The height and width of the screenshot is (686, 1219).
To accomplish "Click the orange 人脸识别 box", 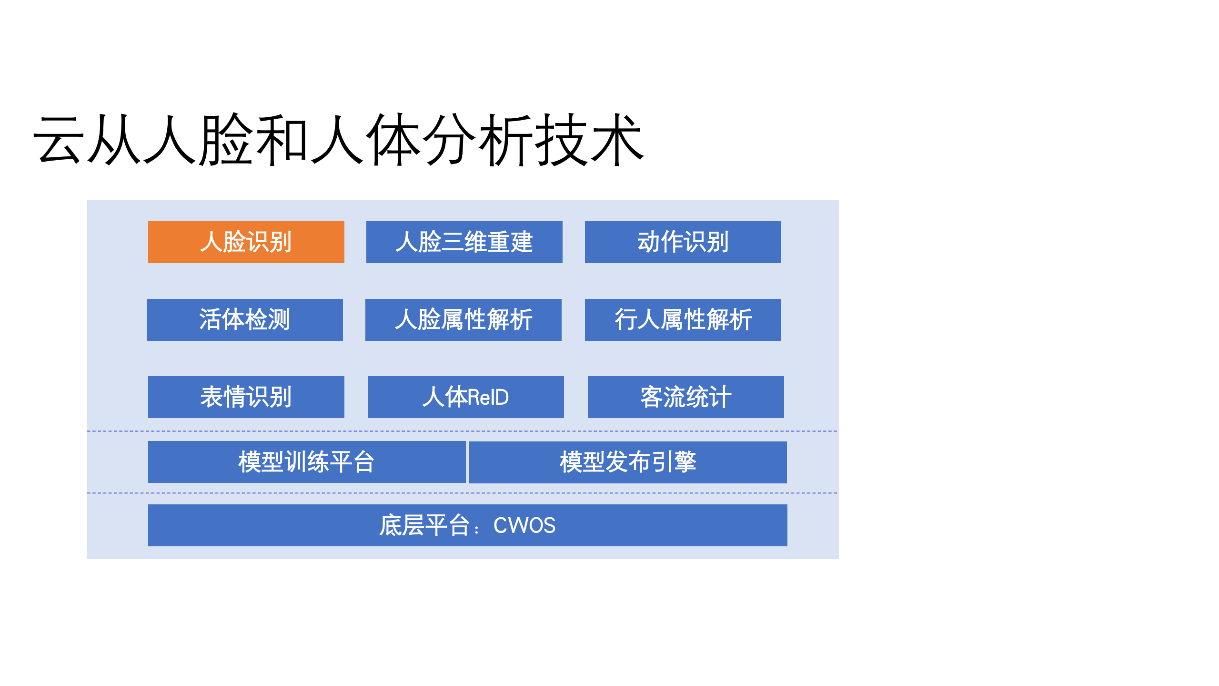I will pyautogui.click(x=246, y=242).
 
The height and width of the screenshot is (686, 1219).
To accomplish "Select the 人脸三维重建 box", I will pyautogui.click(x=464, y=242).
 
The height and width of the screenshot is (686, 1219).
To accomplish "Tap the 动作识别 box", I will pyautogui.click(x=683, y=242).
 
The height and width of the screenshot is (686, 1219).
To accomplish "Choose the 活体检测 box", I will pyautogui.click(x=244, y=319).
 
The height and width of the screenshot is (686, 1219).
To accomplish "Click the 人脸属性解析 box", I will pyautogui.click(x=463, y=319).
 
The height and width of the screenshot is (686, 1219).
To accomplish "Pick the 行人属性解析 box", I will pyautogui.click(x=683, y=319).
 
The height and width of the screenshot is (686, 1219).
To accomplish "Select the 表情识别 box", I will pyautogui.click(x=246, y=397).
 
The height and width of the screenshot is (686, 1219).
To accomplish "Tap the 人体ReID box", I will pyautogui.click(x=465, y=397).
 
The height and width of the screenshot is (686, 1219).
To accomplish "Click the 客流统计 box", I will pyautogui.click(x=685, y=397).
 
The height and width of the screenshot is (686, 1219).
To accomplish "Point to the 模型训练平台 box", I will pyautogui.click(x=306, y=461).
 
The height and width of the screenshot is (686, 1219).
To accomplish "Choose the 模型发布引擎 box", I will pyautogui.click(x=627, y=462).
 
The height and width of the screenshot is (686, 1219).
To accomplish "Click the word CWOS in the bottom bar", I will pyautogui.click(x=524, y=525).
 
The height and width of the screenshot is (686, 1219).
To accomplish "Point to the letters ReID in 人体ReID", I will pyautogui.click(x=488, y=397).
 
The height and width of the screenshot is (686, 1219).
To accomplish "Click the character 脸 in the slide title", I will pyautogui.click(x=226, y=141).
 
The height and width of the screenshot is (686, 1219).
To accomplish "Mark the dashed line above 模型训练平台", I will pyautogui.click(x=462, y=431).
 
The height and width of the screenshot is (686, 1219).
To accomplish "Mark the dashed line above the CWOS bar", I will pyautogui.click(x=462, y=493).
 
